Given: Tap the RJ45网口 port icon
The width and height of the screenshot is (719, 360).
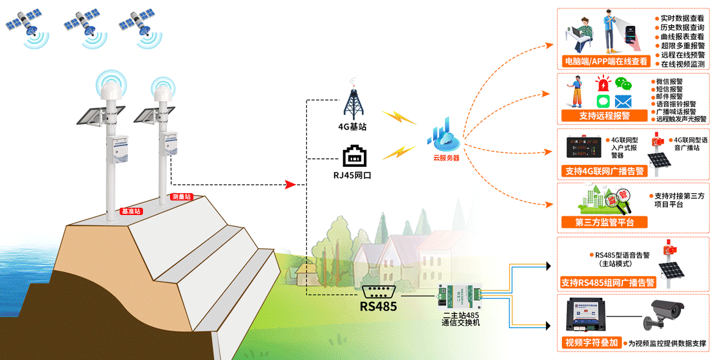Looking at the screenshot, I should (x=355, y=156).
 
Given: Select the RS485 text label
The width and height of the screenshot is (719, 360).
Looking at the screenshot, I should (x=378, y=306).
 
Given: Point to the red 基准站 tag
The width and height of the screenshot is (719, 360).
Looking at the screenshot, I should (x=131, y=211).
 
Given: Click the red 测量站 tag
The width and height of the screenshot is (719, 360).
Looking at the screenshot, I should (x=182, y=197).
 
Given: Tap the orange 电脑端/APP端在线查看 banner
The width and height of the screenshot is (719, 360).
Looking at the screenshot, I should (x=605, y=61).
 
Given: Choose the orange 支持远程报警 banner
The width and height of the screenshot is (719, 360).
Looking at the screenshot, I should (x=604, y=116).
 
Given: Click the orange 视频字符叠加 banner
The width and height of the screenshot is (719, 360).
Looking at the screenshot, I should (x=592, y=342).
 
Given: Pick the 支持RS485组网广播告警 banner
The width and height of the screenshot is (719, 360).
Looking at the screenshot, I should (x=608, y=283).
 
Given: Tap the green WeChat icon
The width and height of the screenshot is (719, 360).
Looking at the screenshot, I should (x=623, y=84).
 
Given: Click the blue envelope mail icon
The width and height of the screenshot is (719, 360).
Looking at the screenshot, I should (x=623, y=101).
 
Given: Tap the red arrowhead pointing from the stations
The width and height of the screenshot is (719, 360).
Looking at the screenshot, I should (x=291, y=184).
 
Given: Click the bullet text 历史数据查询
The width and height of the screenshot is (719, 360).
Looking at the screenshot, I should (x=682, y=28).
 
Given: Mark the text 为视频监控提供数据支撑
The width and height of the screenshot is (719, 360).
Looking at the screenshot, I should (x=667, y=343).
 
